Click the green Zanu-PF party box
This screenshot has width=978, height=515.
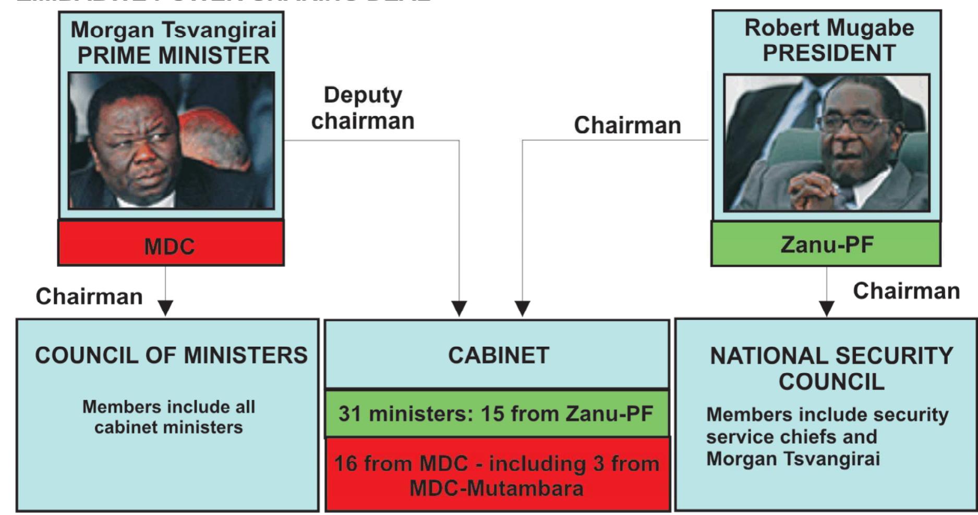pyautogui.click(x=826, y=244)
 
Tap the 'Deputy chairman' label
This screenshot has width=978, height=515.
pyautogui.click(x=363, y=108)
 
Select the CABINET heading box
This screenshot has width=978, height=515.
pyautogui.click(x=497, y=355)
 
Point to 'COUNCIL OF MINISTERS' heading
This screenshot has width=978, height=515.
pyautogui.click(x=171, y=355)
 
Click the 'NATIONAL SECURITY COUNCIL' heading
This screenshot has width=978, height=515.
pyautogui.click(x=831, y=369)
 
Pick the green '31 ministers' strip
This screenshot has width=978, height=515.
pyautogui.click(x=496, y=414)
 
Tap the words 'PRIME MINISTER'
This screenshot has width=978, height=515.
pyautogui.click(x=173, y=55)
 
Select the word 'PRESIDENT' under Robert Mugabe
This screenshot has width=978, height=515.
pyautogui.click(x=829, y=53)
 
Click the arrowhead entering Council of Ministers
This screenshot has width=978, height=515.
pyautogui.click(x=165, y=308)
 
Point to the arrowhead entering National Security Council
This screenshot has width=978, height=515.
pyautogui.click(x=826, y=308)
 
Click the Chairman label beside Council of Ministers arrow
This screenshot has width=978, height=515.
pyautogui.click(x=89, y=296)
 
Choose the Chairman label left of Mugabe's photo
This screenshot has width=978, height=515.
pyautogui.click(x=627, y=125)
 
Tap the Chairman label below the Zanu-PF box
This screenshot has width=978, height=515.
pyautogui.click(x=906, y=291)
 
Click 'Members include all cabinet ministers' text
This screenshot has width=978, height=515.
pyautogui.click(x=168, y=416)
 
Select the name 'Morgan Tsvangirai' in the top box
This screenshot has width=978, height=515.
pyautogui.click(x=173, y=30)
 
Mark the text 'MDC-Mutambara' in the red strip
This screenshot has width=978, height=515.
pyautogui.click(x=496, y=488)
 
